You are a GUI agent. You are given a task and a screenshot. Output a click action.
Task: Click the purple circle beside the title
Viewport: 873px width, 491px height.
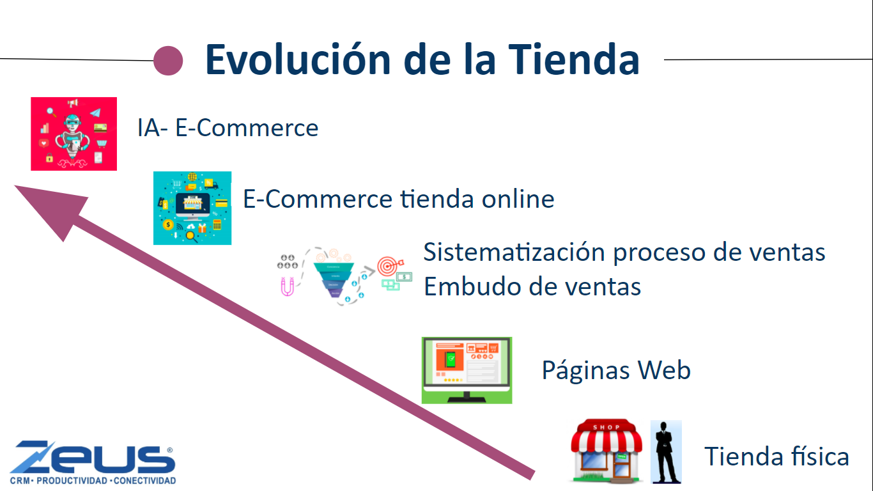pyautogui.click(x=168, y=61)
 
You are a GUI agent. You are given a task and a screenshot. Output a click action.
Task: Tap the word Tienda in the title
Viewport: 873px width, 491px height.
pyautogui.click(x=574, y=59)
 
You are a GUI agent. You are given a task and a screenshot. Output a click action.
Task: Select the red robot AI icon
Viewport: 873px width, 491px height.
pyautogui.click(x=73, y=134)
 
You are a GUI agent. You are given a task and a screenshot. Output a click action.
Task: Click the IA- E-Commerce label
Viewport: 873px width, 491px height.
pyautogui.click(x=228, y=127)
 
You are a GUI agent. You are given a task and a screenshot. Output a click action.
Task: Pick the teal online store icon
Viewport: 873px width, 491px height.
pyautogui.click(x=192, y=208)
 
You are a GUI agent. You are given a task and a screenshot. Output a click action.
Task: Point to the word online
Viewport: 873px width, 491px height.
pyautogui.click(x=518, y=199)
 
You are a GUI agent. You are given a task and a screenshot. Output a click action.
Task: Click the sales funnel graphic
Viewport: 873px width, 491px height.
pyautogui.click(x=335, y=277)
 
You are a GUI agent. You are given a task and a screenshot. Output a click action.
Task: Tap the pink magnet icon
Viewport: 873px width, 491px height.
pyautogui.click(x=287, y=286)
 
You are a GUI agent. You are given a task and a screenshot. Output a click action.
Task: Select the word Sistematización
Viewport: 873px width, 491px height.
pyautogui.click(x=514, y=252)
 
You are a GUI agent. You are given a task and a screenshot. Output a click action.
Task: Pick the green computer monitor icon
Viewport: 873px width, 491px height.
pyautogui.click(x=467, y=370)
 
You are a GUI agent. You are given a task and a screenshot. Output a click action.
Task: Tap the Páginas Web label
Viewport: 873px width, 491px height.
pyautogui.click(x=616, y=370)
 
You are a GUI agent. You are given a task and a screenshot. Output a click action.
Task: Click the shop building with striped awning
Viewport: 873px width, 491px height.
pyautogui.click(x=606, y=451)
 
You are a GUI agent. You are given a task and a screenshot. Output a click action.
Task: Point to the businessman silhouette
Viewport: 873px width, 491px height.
pyautogui.click(x=666, y=452)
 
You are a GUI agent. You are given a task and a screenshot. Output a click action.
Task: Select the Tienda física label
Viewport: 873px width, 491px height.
pyautogui.click(x=776, y=456)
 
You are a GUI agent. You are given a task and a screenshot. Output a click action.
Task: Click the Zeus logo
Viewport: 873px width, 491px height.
pyautogui.click(x=93, y=462)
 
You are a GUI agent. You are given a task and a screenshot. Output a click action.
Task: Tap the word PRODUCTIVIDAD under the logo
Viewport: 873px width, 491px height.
pyautogui.click(x=72, y=481)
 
